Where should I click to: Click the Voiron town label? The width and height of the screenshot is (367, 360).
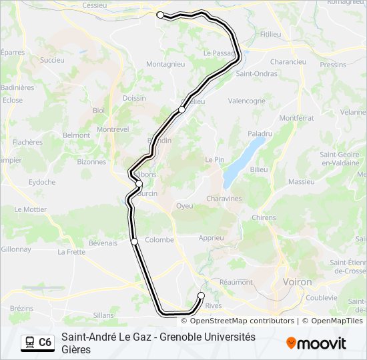(x=298, y=282)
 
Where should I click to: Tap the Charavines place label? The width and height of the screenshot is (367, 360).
(x=224, y=199)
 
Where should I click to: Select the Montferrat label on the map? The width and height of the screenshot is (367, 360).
(x=296, y=118)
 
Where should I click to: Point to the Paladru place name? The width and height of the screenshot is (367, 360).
(x=260, y=133)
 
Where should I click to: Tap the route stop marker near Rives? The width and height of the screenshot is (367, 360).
(x=202, y=295)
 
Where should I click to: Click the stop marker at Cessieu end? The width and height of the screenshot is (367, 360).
(x=160, y=15)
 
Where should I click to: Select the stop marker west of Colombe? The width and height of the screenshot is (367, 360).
(x=135, y=241)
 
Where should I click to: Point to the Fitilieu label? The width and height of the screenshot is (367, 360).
(x=271, y=33)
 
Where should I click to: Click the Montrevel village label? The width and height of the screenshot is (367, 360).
(x=113, y=129)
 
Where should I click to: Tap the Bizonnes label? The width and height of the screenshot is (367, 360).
(x=91, y=161)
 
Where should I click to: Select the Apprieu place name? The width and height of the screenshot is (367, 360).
(x=212, y=237)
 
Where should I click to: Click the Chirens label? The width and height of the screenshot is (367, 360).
(x=264, y=217)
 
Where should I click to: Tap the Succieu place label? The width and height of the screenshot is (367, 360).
(x=52, y=60)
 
